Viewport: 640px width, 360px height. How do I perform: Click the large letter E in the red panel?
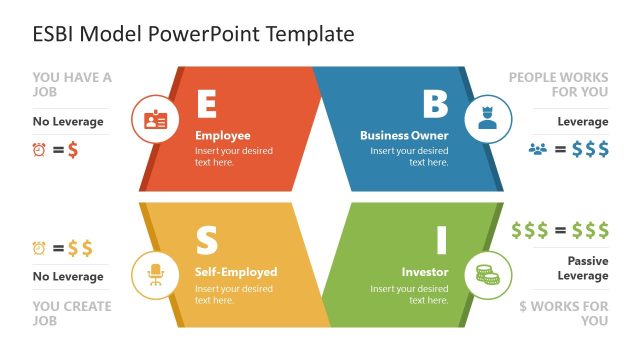pos(206,104)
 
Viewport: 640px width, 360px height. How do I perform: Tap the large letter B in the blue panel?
pos(435,104)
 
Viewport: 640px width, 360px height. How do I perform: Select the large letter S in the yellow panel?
pos(206,241)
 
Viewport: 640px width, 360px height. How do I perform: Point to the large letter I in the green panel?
pos(440,241)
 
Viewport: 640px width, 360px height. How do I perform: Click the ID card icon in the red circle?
pos(155,121)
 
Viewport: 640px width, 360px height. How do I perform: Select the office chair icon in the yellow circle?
pos(155,273)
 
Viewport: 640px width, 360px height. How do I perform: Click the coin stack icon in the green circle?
pos(487,273)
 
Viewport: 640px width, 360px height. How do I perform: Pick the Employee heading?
pos(223,135)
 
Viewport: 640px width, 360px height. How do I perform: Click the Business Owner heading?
pos(404,135)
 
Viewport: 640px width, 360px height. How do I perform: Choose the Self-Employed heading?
pos(236,272)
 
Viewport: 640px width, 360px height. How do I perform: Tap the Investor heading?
pos(425,272)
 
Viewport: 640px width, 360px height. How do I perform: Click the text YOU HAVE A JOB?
pos(72,85)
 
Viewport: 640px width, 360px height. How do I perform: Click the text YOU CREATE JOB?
pos(72,314)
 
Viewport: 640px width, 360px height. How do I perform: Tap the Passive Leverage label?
pos(582,268)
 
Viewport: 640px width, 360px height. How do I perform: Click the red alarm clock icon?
pos(40,150)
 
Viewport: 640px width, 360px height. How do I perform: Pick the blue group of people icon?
pos(538,150)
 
